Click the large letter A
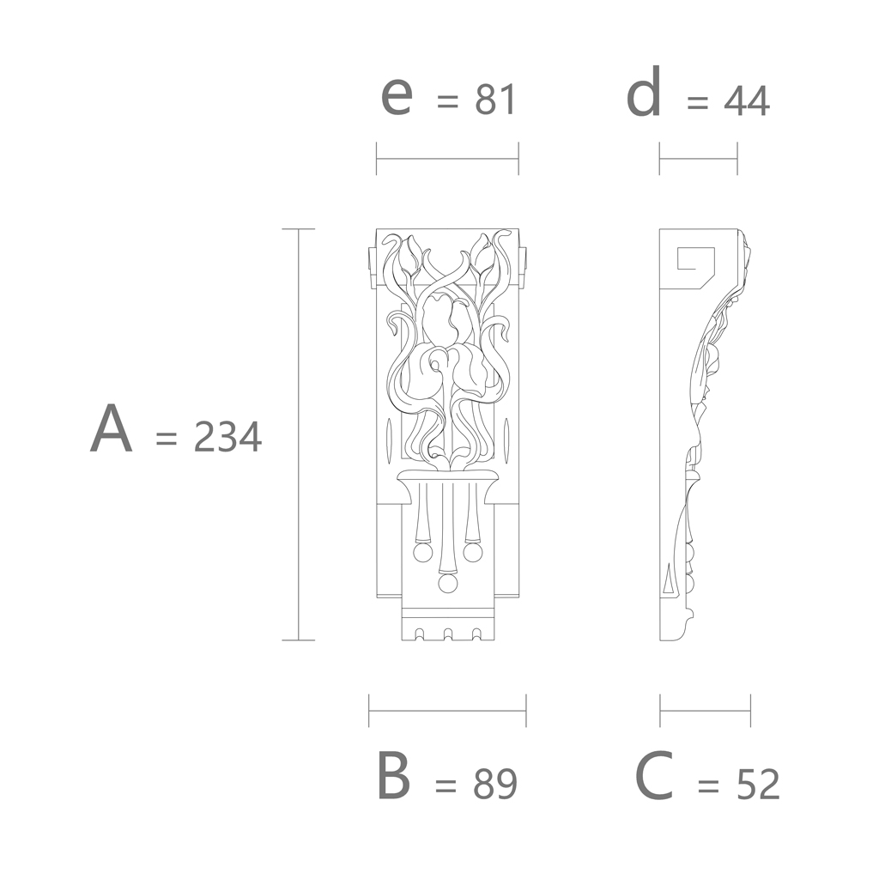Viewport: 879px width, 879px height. (x=112, y=429)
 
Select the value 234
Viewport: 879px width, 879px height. (x=227, y=437)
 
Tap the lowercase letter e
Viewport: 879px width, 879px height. (x=397, y=96)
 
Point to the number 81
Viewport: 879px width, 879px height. (x=495, y=100)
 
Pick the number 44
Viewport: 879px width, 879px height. (x=747, y=101)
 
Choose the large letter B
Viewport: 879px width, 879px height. (x=394, y=776)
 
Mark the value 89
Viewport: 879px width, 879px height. (x=495, y=784)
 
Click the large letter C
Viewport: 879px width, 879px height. (x=654, y=776)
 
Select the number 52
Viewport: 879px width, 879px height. (x=757, y=784)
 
